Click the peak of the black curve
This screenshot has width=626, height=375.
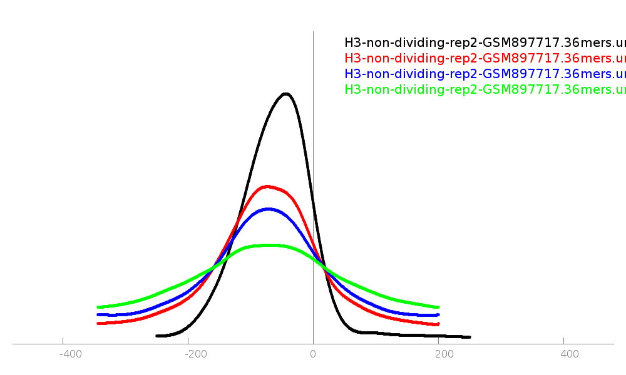click(x=286, y=94)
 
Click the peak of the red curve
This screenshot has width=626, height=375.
click(x=268, y=186)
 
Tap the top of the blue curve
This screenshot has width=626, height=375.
click(x=269, y=209)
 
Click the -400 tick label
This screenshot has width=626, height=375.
click(x=71, y=354)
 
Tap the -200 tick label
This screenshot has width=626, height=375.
click(x=196, y=354)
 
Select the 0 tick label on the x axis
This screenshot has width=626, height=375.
click(x=313, y=354)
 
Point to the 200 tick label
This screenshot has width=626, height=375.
click(x=444, y=354)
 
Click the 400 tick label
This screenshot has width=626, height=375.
click(x=570, y=354)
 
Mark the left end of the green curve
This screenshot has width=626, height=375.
click(x=98, y=307)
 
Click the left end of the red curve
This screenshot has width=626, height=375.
click(x=98, y=323)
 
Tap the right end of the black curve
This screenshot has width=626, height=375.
click(x=469, y=337)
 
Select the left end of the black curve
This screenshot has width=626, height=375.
click(x=156, y=336)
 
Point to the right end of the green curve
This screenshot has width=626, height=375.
click(x=438, y=307)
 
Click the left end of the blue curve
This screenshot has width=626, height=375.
click(x=98, y=314)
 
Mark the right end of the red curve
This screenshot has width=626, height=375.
click(x=438, y=324)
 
